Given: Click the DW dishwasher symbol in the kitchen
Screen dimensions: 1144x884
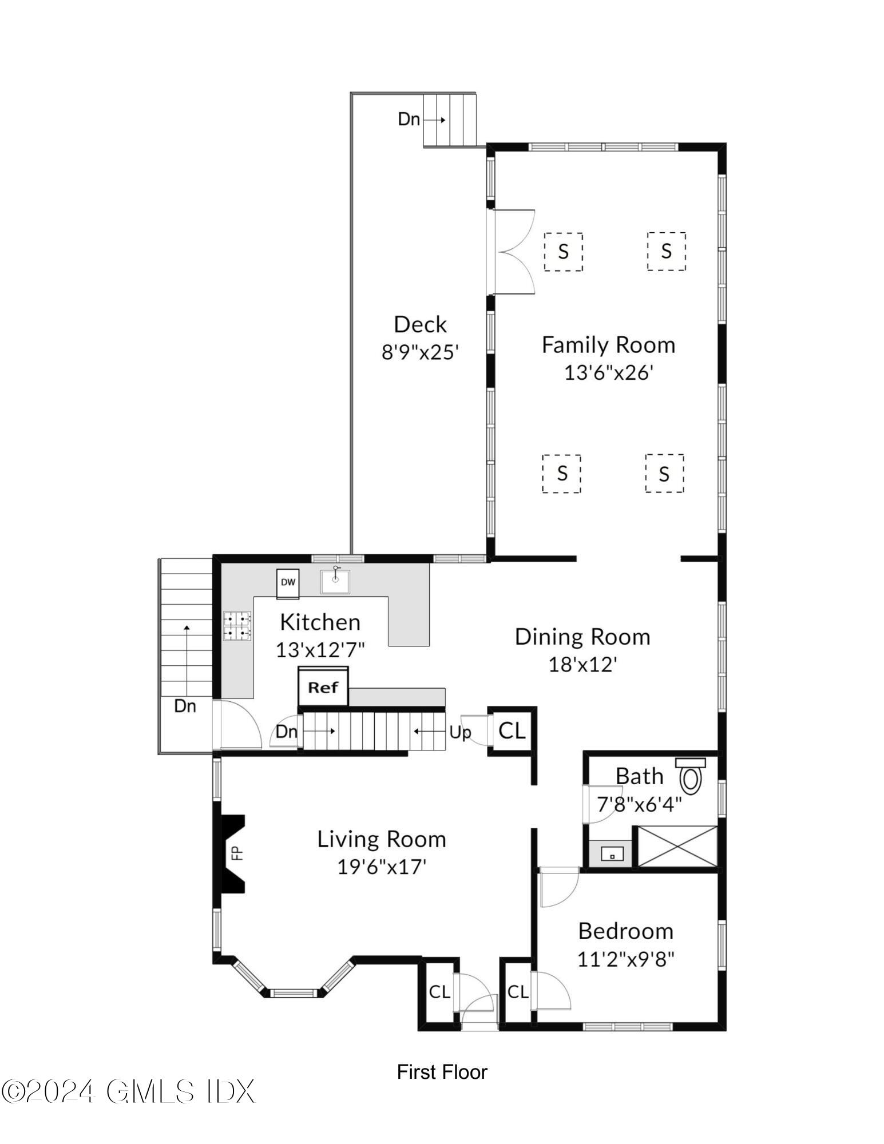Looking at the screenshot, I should [x=288, y=583].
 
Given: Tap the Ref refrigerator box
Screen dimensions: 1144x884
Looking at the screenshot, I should [x=323, y=687].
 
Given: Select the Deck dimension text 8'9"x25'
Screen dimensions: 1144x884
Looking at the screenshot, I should [x=421, y=352].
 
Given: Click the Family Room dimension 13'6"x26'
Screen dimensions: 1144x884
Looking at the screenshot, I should [x=609, y=373].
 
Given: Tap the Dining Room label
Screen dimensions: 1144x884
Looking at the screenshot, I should [x=582, y=637].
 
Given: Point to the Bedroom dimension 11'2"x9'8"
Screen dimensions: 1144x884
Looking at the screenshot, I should [x=626, y=958].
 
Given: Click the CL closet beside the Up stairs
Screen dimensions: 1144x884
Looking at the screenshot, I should [x=512, y=730].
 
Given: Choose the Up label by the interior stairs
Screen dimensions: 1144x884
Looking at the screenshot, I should [x=459, y=732].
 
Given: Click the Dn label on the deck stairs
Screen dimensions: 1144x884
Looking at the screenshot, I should [x=409, y=120].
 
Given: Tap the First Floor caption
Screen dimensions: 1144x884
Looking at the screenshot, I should [x=442, y=1071].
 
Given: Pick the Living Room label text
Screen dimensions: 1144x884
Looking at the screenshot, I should [x=382, y=839].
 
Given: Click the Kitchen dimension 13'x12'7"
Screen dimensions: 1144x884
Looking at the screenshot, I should [x=320, y=650].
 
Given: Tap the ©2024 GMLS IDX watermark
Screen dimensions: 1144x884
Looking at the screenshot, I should [x=128, y=1091].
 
